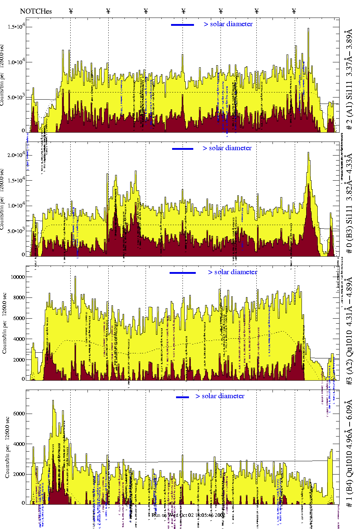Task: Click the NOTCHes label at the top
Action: pyautogui.click(x=36, y=11)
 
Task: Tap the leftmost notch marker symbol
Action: pyautogui.click(x=71, y=11)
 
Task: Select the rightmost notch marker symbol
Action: pyautogui.click(x=294, y=11)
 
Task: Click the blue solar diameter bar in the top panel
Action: pyautogui.click(x=182, y=25)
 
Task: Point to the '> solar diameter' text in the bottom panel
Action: pyautogui.click(x=220, y=396)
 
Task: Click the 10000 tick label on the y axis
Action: pyautogui.click(x=18, y=277)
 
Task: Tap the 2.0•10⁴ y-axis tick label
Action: pyautogui.click(x=16, y=155)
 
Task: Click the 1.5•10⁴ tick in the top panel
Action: pyautogui.click(x=16, y=27)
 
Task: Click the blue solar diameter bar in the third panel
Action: pyautogui.click(x=183, y=273)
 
